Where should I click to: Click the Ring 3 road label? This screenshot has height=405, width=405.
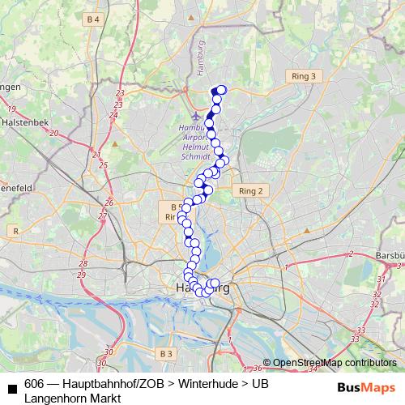pos(304,76)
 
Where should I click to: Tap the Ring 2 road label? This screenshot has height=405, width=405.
pos(252,191)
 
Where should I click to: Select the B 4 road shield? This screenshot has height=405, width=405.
pos(95,19)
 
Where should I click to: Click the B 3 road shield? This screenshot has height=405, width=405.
pos(166,353)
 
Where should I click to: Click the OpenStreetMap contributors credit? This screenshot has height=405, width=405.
pos(334,362)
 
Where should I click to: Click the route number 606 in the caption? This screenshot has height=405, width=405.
pos(34,385)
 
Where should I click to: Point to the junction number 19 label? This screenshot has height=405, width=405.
pos(11,109)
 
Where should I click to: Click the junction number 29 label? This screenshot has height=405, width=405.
pos(83,275)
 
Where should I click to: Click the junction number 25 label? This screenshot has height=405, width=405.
pos(103,165)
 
